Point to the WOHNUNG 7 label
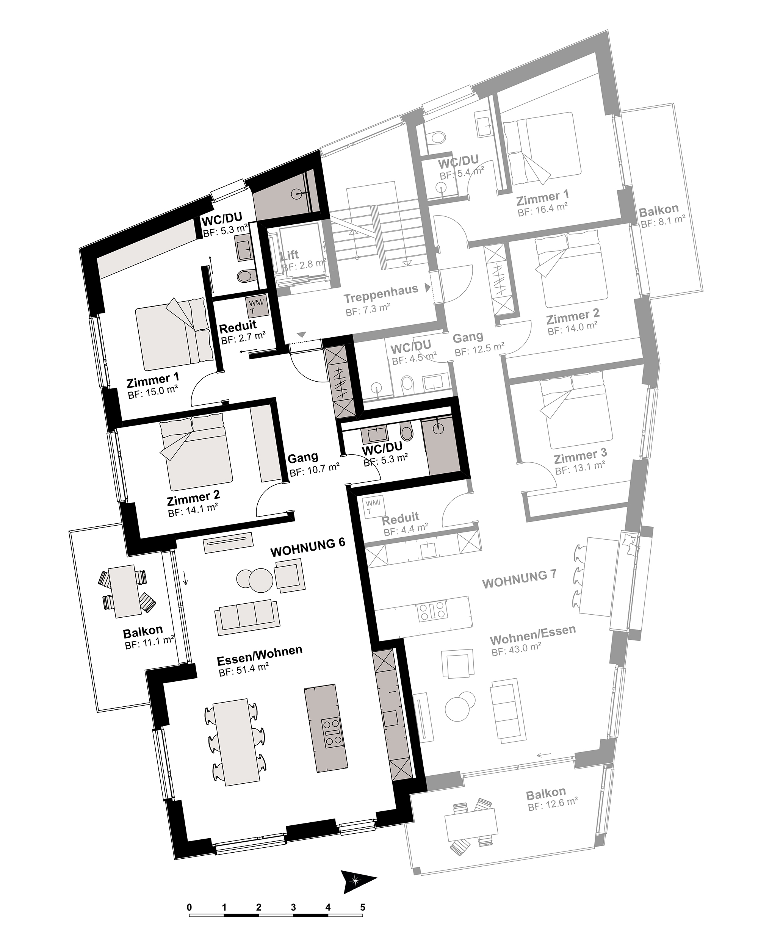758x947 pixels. coord(519,579)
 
